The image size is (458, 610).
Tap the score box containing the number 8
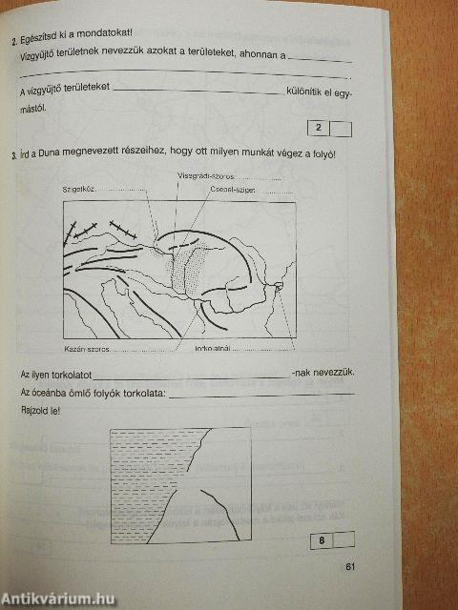click(x=322, y=540)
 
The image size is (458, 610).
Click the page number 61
click(x=350, y=569)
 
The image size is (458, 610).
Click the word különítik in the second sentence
click(x=304, y=88)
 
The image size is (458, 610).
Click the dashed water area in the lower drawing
click(x=143, y=467)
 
